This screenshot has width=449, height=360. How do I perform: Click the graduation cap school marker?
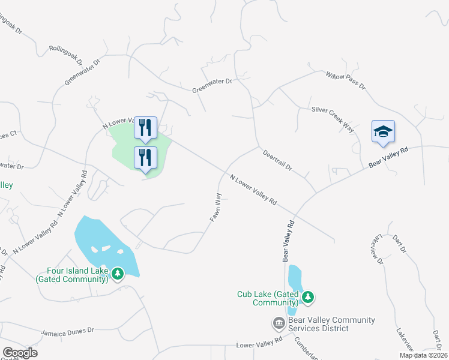coord(383,133)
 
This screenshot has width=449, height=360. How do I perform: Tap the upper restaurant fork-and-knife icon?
coord(145,127)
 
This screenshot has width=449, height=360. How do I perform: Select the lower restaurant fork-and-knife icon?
coord(145,157)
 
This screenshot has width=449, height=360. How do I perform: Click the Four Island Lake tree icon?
coord(118,274)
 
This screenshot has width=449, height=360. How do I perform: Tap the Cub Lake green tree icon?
coord(309,297)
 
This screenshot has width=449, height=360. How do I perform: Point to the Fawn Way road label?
coord(215,207)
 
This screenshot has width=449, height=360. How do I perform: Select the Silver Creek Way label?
coord(332,118)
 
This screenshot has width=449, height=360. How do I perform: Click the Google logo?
coord(20,353)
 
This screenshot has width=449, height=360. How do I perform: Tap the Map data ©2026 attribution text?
coord(423,355)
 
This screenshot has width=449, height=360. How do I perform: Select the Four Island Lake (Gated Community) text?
coord(72,275)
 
